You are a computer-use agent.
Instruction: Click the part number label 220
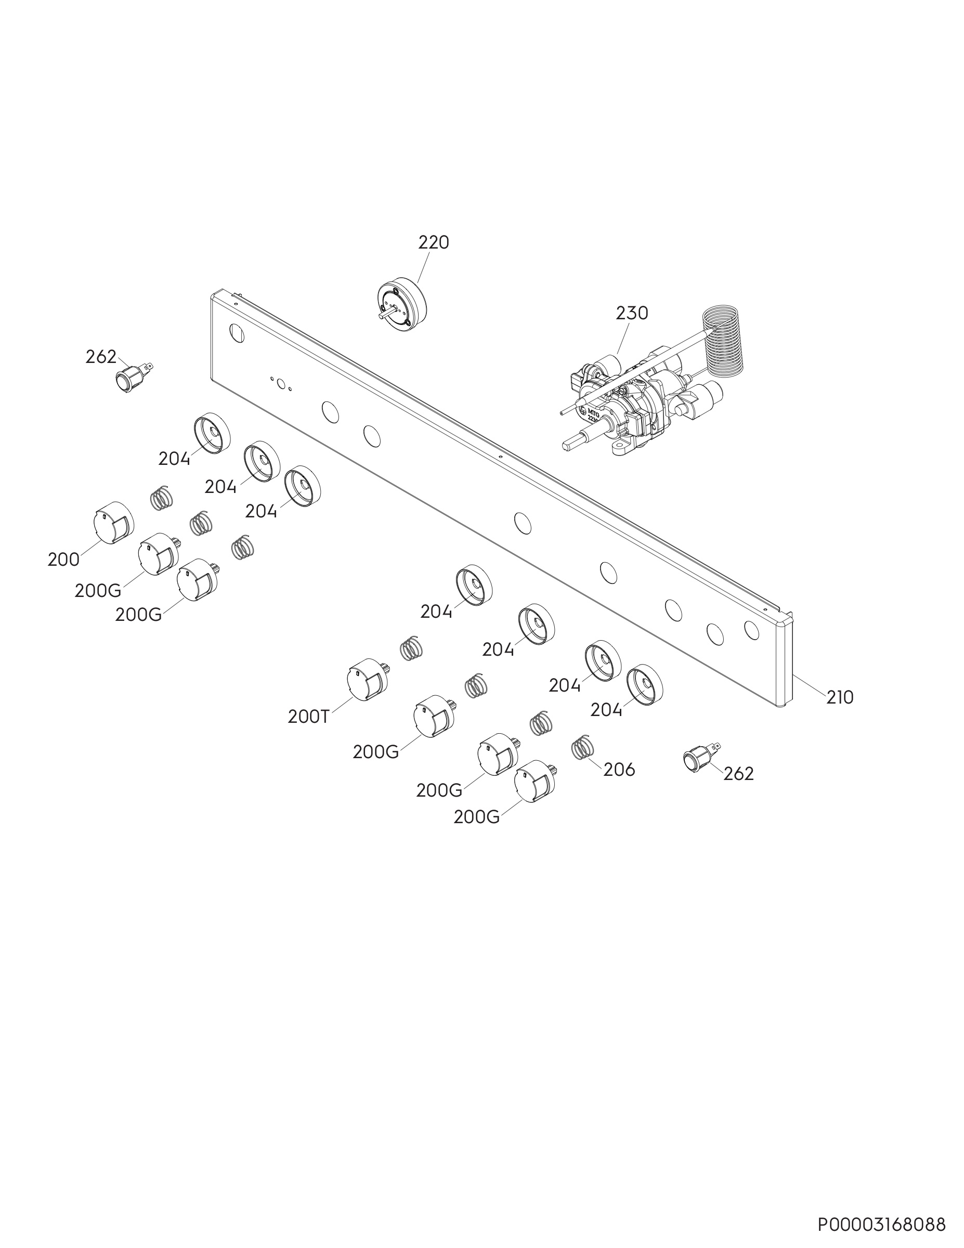tap(434, 243)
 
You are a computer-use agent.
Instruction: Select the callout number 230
tap(632, 313)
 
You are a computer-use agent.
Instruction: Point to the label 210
tap(840, 697)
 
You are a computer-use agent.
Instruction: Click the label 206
tap(619, 770)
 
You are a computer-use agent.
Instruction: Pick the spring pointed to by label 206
tap(583, 746)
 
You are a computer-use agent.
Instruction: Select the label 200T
tap(308, 717)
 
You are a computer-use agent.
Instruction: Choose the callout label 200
tap(63, 560)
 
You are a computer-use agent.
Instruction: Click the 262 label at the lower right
tap(738, 774)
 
